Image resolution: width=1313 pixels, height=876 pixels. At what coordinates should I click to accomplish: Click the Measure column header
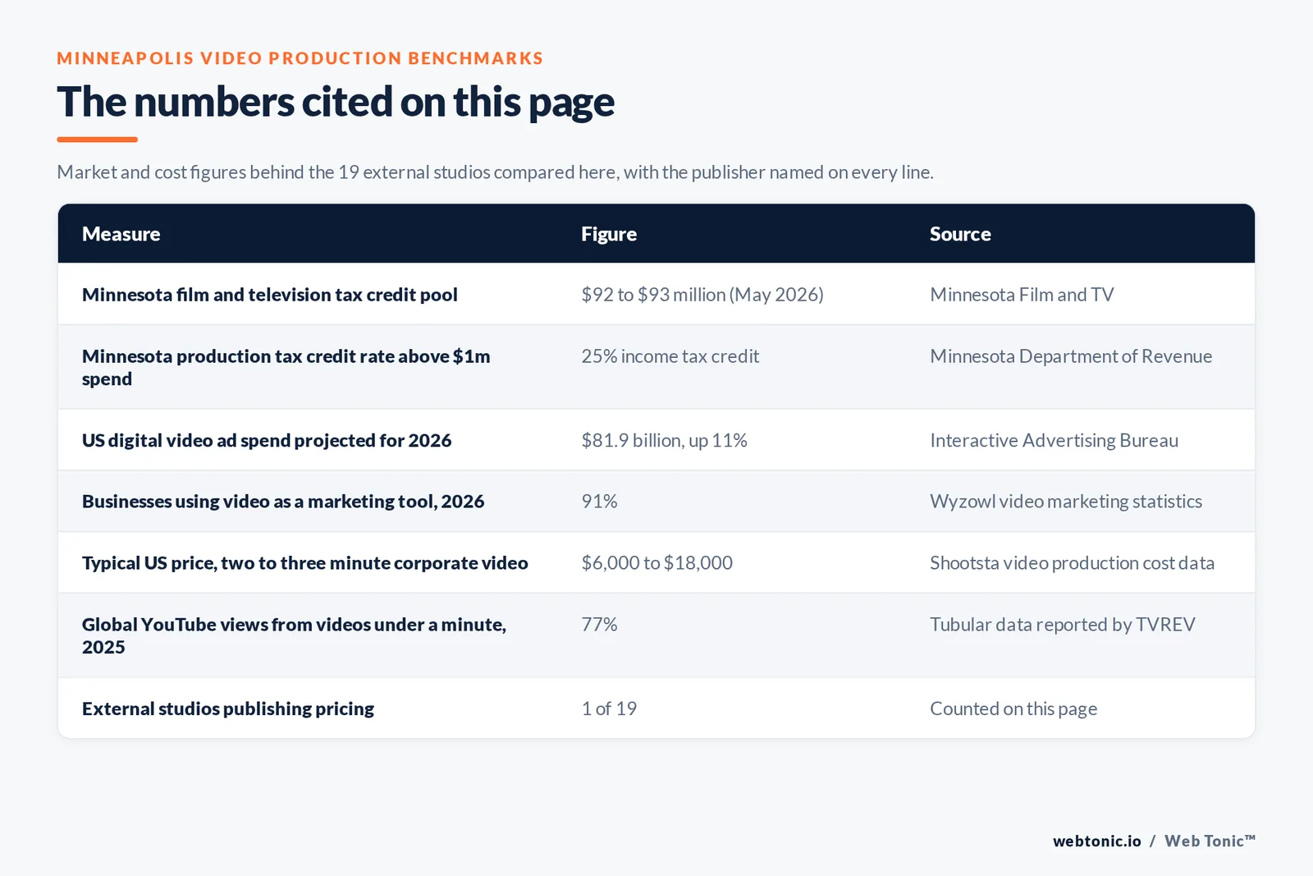(121, 234)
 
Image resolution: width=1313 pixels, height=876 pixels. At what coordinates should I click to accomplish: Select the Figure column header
(608, 234)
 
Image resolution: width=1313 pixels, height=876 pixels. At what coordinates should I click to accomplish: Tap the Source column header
(960, 234)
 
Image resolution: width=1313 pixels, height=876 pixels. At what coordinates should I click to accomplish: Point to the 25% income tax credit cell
(670, 356)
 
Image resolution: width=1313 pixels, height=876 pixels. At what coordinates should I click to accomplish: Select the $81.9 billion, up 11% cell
(664, 440)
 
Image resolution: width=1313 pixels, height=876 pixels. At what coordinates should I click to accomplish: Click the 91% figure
(599, 502)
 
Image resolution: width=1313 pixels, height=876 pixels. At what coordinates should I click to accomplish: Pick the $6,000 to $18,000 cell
(656, 563)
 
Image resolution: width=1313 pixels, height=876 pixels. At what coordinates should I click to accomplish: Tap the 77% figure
(599, 625)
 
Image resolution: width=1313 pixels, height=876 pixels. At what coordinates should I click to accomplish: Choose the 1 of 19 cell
(608, 709)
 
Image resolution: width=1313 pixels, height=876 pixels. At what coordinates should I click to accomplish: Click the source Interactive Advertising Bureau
(1054, 440)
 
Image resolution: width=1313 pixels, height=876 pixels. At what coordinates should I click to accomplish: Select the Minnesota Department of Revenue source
(1071, 356)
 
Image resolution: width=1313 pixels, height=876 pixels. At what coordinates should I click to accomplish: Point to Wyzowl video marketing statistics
(1066, 502)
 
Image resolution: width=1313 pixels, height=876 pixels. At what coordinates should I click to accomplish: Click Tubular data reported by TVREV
(1062, 625)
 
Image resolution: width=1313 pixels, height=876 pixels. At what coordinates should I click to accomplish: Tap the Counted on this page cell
(1013, 709)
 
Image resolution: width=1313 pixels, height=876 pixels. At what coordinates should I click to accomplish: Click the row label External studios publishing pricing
(228, 709)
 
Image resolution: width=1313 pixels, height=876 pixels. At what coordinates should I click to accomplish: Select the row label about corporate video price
(304, 563)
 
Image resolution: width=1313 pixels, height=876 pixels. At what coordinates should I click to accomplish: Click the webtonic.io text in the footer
(1096, 841)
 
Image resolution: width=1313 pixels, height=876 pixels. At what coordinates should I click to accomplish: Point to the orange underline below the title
(98, 140)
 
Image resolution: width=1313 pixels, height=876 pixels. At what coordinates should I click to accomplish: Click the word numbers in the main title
(214, 102)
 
